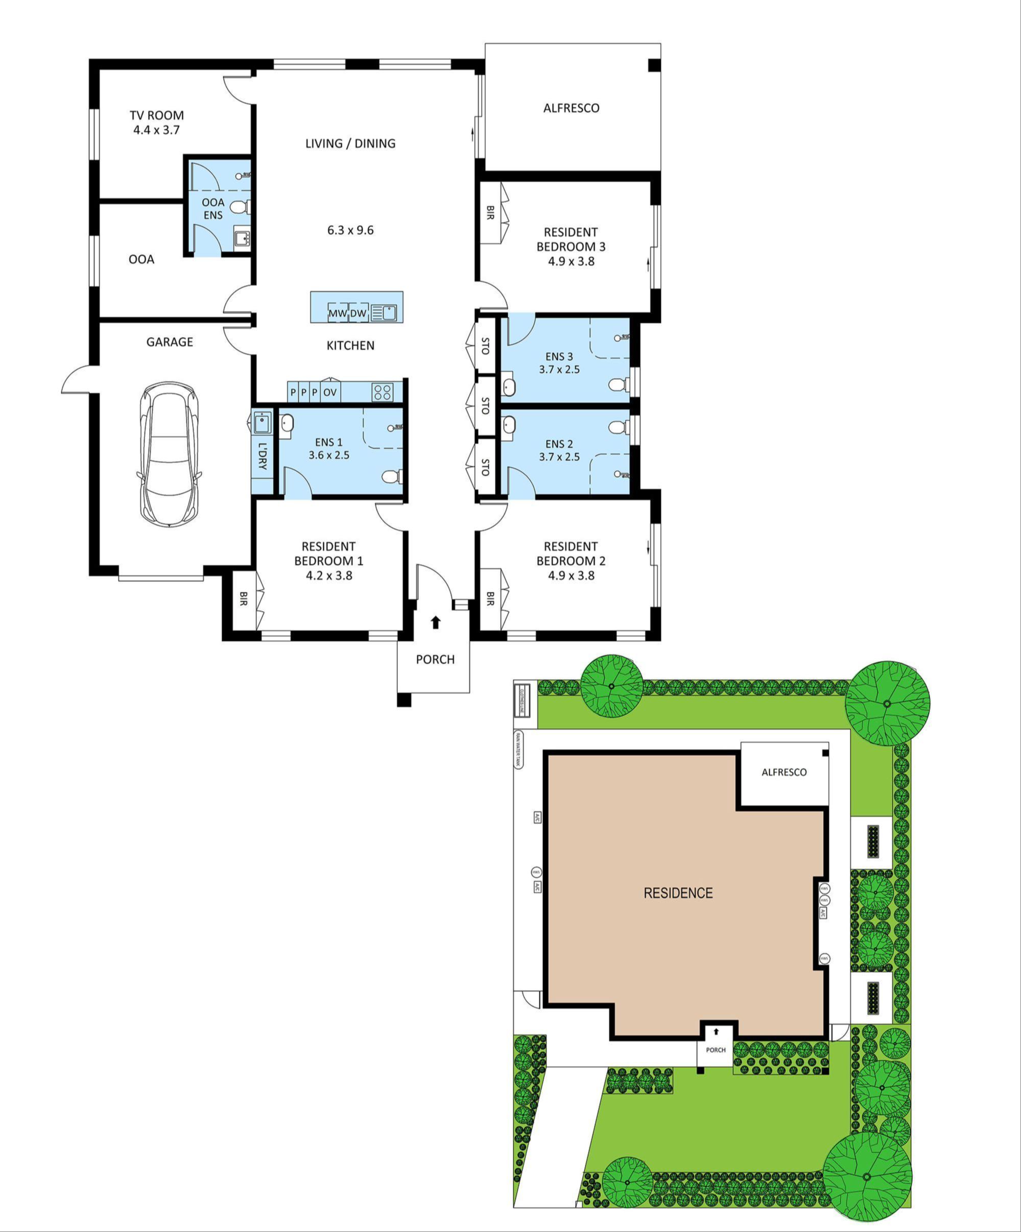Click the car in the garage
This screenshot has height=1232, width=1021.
(x=169, y=455)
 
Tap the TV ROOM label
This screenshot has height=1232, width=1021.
(x=157, y=115)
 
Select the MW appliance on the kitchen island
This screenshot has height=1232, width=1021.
(x=338, y=313)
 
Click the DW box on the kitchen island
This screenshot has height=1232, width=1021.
(x=358, y=313)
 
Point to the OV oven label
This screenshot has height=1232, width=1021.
(x=330, y=392)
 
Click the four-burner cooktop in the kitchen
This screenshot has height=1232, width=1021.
(x=383, y=391)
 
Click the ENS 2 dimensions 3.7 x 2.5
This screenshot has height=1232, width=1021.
(x=559, y=456)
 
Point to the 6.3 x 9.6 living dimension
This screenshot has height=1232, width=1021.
(x=350, y=230)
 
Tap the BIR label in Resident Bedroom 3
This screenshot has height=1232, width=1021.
(x=490, y=212)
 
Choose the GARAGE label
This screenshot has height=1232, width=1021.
(x=170, y=342)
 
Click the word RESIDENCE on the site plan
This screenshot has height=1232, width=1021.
(x=678, y=893)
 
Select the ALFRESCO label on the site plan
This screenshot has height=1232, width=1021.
(x=784, y=772)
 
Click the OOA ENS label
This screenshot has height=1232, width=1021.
(x=213, y=209)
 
